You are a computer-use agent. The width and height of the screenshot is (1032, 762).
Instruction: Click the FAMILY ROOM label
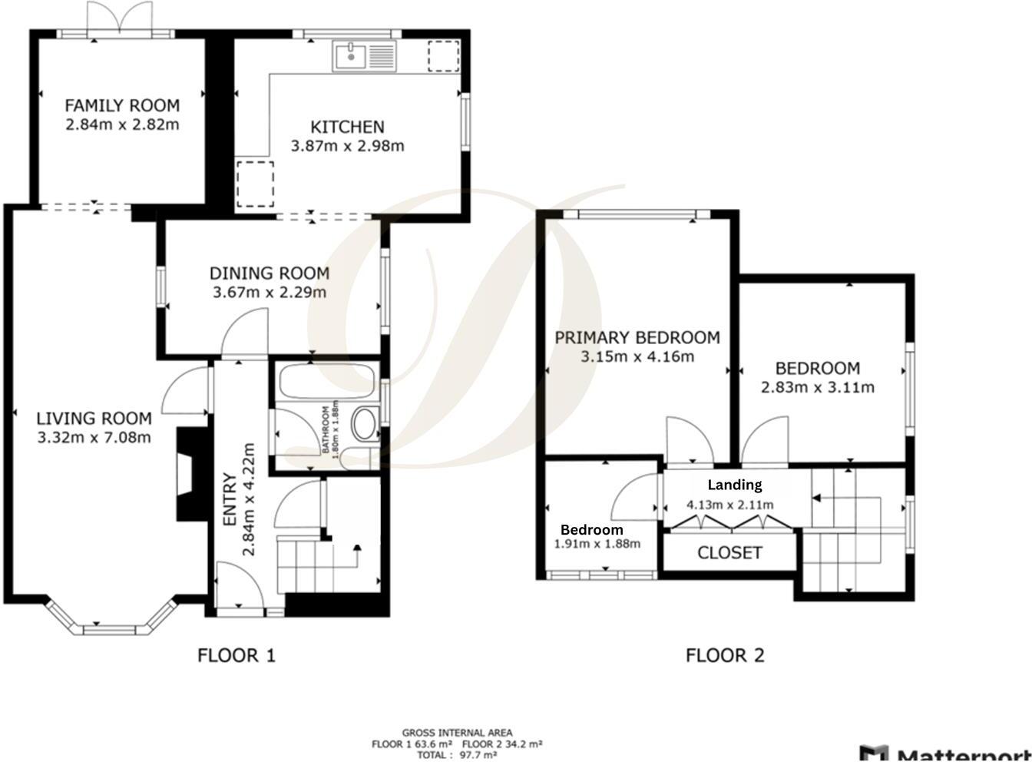121,105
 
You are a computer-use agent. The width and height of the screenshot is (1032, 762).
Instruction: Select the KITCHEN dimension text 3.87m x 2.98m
347,146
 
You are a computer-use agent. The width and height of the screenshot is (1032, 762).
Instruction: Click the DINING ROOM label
270,273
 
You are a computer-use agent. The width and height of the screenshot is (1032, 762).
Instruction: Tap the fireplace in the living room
187,475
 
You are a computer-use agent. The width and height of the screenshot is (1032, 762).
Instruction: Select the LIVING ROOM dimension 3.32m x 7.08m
94,438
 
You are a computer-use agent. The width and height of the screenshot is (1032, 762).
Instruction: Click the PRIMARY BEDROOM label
637,337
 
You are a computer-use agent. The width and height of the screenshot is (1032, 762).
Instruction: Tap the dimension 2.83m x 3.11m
817,388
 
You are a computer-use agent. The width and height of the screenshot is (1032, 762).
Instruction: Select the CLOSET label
729,553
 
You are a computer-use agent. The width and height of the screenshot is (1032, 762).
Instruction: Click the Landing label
734,485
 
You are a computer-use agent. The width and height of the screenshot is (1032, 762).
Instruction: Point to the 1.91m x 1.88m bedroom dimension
597,544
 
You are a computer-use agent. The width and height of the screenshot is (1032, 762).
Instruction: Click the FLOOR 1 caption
236,655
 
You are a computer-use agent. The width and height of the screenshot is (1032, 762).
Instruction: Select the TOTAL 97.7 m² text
457,755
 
